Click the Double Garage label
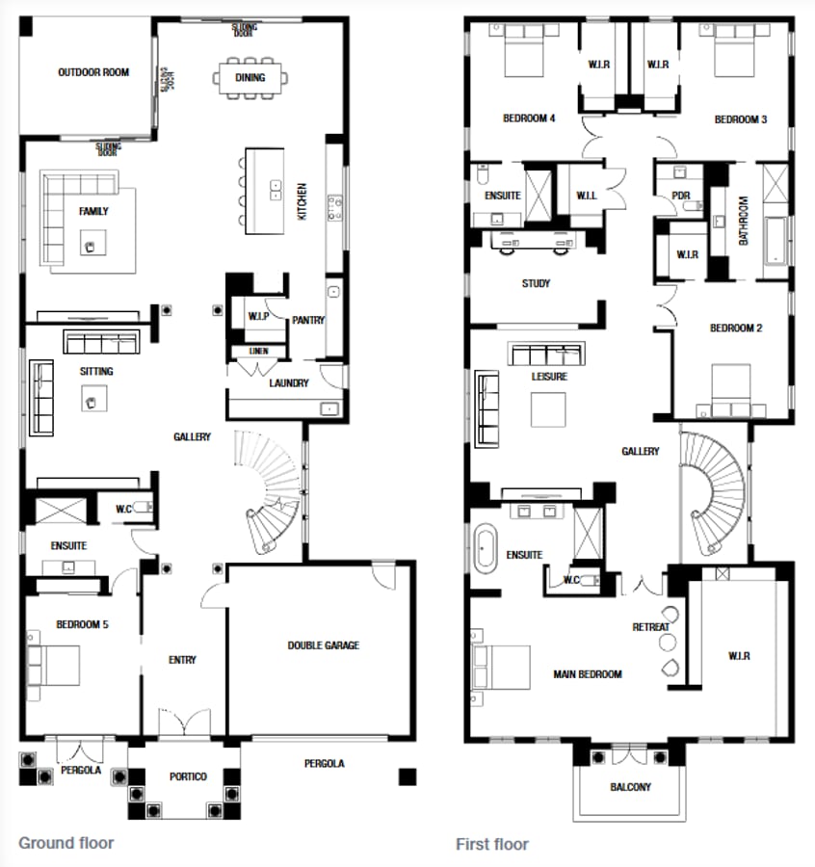[x=323, y=645]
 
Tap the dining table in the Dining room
[x=250, y=78]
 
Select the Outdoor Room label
[x=92, y=72]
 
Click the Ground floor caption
[x=66, y=843]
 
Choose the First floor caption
[x=492, y=844]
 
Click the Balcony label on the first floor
[x=630, y=787]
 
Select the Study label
[x=536, y=283]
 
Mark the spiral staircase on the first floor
[x=713, y=491]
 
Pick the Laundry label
[x=289, y=382]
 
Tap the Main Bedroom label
[x=588, y=674]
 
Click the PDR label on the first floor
[x=682, y=196]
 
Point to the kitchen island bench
[x=265, y=190]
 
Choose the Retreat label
[x=650, y=627]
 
